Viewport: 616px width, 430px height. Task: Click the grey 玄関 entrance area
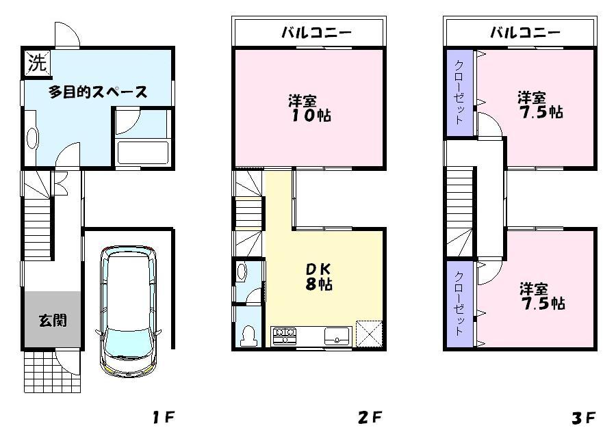click(52, 319)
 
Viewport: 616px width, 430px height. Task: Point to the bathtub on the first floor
click(142, 152)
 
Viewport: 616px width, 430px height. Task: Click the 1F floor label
click(162, 416)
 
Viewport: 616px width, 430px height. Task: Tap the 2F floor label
click(368, 416)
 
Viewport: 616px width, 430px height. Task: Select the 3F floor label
click(583, 416)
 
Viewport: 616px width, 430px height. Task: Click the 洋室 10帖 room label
click(308, 107)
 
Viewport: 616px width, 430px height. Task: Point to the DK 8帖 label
click(318, 277)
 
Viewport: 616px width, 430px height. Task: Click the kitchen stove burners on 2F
click(285, 335)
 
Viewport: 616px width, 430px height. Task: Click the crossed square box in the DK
click(368, 334)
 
